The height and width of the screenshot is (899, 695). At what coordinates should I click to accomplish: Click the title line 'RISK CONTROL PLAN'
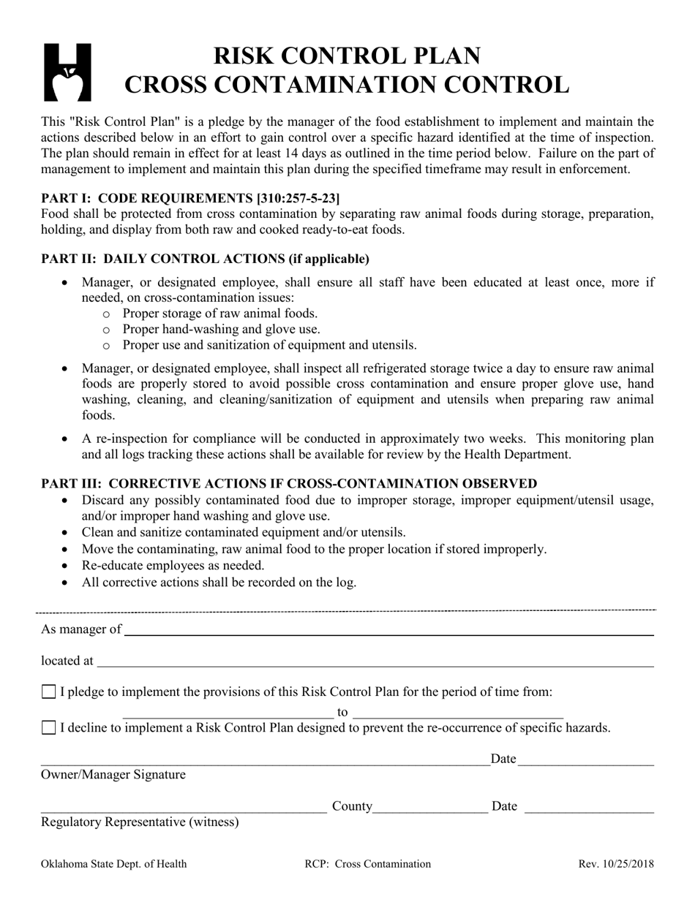pyautogui.click(x=347, y=56)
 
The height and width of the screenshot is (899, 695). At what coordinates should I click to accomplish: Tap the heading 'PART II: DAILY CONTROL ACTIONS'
pyautogui.click(x=205, y=259)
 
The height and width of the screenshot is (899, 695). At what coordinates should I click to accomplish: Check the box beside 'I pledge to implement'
pyautogui.click(x=49, y=691)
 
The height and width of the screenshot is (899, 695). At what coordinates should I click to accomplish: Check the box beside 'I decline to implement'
pyautogui.click(x=49, y=727)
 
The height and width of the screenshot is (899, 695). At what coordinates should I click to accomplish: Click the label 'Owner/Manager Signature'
pyautogui.click(x=113, y=775)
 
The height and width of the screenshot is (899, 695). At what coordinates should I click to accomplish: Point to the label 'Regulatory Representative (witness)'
pyautogui.click(x=140, y=822)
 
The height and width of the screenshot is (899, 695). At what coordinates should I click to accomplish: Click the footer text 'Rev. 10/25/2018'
pyautogui.click(x=616, y=864)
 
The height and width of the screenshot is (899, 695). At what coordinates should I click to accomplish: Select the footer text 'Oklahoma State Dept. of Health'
pyautogui.click(x=114, y=864)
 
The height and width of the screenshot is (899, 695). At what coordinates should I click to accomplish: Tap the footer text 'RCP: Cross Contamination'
pyautogui.click(x=367, y=864)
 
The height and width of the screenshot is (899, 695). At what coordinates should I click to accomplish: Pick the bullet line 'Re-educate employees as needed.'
pyautogui.click(x=173, y=565)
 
